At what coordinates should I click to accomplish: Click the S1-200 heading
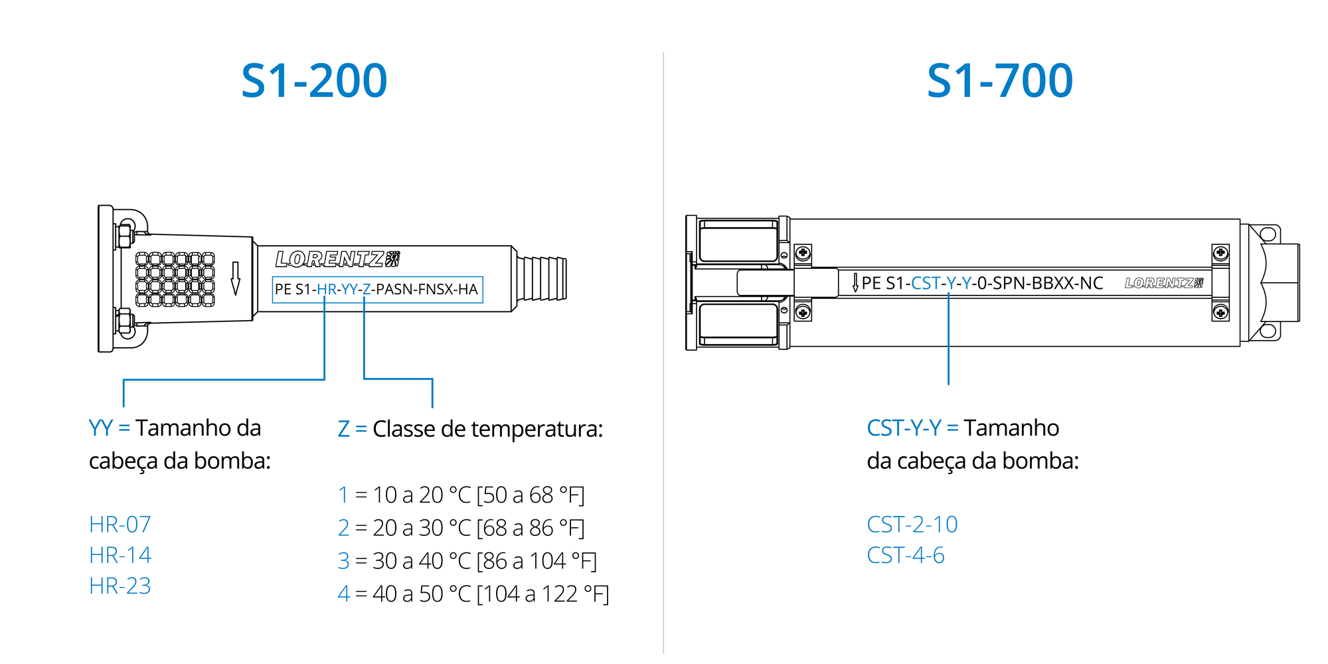pos(314,81)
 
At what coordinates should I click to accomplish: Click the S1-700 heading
pos(1000,81)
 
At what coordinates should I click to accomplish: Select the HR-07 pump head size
pos(120,525)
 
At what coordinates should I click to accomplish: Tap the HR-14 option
pos(120,555)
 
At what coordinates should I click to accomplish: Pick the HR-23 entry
pos(120,586)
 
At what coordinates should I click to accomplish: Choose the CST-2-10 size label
pos(912,525)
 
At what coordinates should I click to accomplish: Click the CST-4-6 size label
pos(906,555)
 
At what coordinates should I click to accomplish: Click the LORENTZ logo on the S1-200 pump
pos(338,259)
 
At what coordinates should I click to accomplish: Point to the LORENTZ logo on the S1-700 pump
pos(1164,283)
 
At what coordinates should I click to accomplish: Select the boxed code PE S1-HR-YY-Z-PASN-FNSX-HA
pos(377,290)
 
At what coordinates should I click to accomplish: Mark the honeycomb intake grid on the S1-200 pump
pos(175,279)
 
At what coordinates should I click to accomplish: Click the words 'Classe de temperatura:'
pos(487,429)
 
